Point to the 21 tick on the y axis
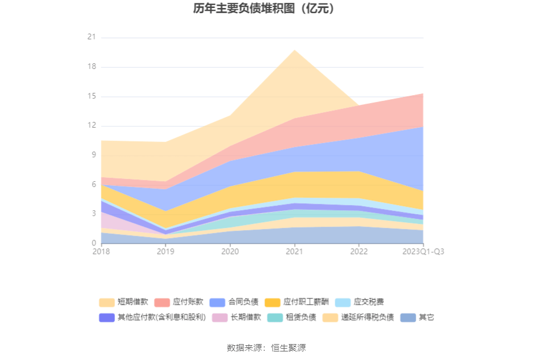tap(91, 38)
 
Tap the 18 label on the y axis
tap(91, 67)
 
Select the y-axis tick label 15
tap(91, 97)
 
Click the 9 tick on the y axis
tap(93, 156)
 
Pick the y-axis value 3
tap(93, 214)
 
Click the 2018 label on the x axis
tap(101, 251)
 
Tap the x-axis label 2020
tap(230, 251)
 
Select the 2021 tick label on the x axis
tap(294, 251)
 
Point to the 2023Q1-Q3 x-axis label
tap(423, 251)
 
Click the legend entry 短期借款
tap(124, 302)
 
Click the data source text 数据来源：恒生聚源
tap(266, 347)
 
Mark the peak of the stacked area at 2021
tap(294, 50)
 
